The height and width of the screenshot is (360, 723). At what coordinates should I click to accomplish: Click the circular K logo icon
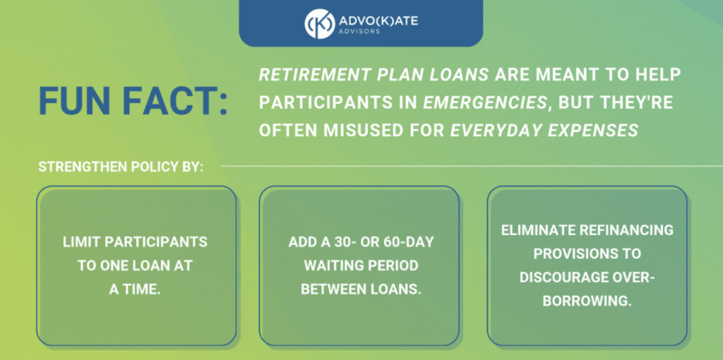click(x=320, y=23)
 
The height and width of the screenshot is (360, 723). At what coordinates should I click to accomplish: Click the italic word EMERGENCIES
click(x=485, y=103)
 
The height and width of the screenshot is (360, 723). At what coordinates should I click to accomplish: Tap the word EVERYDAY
click(x=496, y=131)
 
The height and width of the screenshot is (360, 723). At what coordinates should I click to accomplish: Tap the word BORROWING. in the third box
click(x=587, y=301)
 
